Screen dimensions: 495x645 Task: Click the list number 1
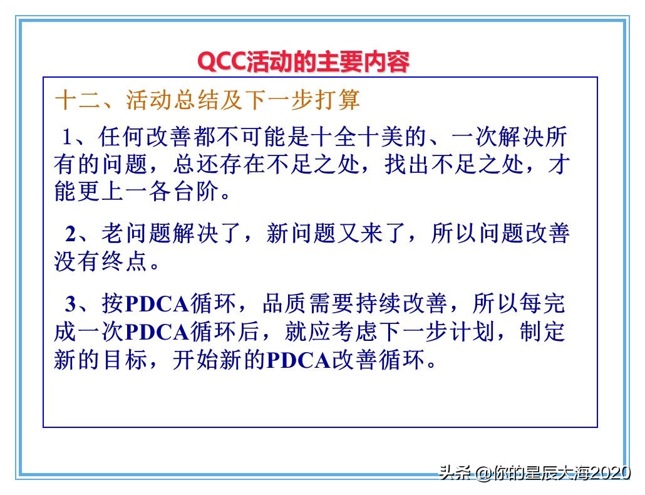point(68,138)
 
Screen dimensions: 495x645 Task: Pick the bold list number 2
point(71,234)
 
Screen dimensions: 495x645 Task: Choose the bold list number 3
point(71,304)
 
